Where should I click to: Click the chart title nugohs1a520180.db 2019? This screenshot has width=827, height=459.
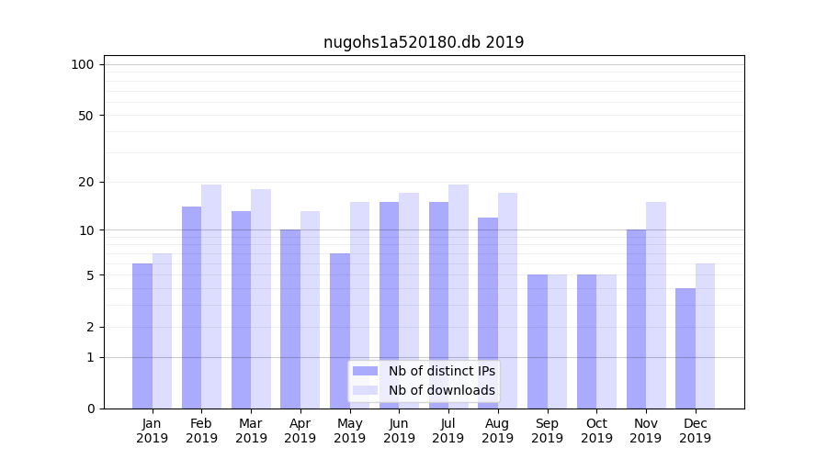pos(424,42)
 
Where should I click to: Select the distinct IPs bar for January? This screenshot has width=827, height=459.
pos(142,336)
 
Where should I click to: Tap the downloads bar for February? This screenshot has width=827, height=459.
pos(211,297)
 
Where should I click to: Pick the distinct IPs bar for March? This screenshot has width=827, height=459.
pos(241,309)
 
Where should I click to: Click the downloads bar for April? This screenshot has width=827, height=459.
pos(310,309)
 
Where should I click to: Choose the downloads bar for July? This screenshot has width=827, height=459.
pos(459,297)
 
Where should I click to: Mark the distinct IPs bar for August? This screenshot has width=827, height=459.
pos(488,313)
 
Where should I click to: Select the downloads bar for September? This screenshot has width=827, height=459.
pos(557,341)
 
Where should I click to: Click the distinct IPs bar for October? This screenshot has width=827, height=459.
pos(586,341)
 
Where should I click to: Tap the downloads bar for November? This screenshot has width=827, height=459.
pos(656,305)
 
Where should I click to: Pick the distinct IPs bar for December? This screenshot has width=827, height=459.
pos(685,348)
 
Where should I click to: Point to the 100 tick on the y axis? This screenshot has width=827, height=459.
pos(83,64)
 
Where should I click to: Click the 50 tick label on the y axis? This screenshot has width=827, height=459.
pos(85,116)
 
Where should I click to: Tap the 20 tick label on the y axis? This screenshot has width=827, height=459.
pos(85,182)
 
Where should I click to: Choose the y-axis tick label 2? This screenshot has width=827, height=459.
pos(90,327)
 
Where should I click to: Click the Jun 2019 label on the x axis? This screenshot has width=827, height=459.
pos(399,431)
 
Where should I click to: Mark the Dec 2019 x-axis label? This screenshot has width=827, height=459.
pos(696,431)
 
